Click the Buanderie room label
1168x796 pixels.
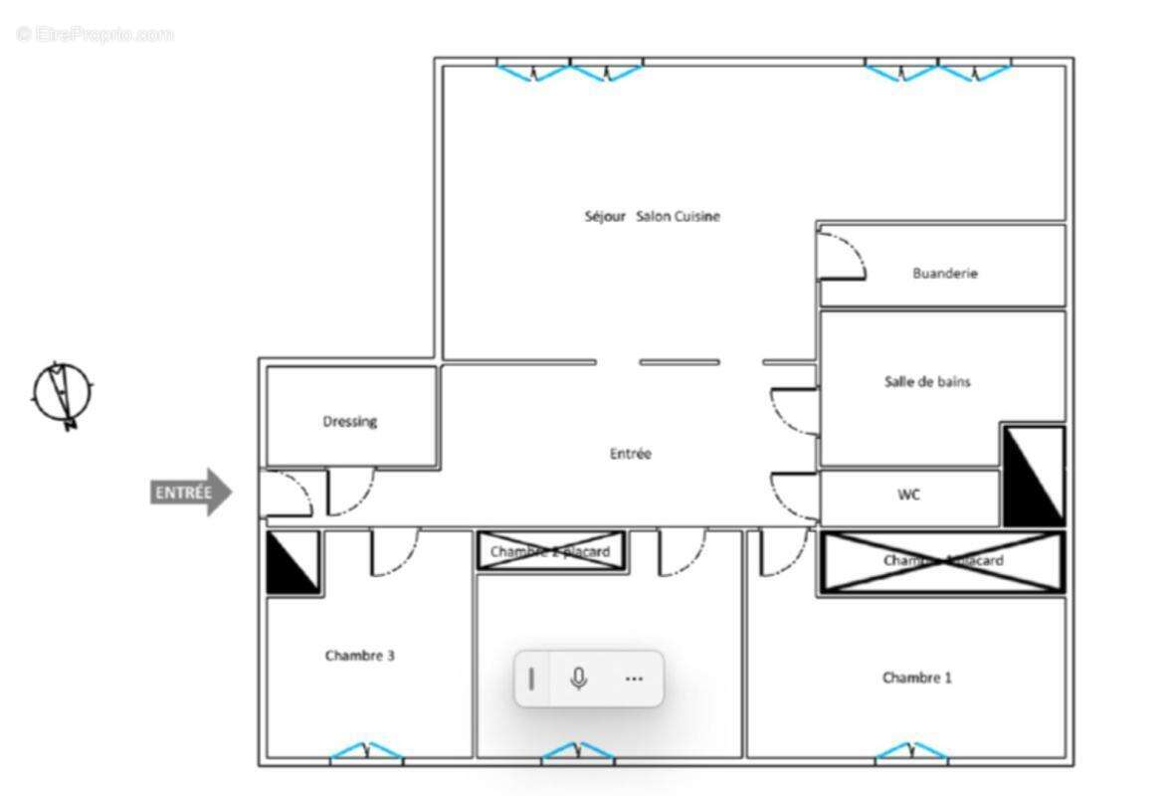tap(944, 273)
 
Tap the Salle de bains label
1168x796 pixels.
tap(926, 381)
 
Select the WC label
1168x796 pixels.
tap(908, 495)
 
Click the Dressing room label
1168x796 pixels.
tap(349, 421)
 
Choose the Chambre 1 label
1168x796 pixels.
tap(916, 678)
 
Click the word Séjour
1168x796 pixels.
tap(605, 216)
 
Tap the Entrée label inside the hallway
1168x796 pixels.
tap(630, 454)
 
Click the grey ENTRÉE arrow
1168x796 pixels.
tap(191, 492)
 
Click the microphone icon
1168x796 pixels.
tap(578, 679)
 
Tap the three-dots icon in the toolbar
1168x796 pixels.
tap(634, 679)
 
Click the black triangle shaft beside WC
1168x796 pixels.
tap(1033, 476)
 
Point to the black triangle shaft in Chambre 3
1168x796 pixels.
tap(292, 562)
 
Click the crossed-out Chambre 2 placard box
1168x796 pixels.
tap(550, 551)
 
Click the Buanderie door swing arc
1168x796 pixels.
tap(844, 255)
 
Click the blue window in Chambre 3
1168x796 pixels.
tap(366, 752)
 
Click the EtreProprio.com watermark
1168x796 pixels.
tap(96, 34)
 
